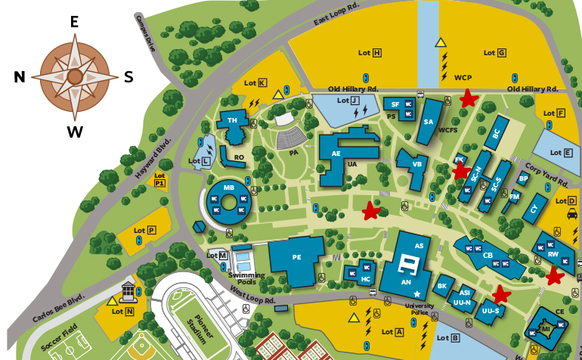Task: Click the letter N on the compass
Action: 20,77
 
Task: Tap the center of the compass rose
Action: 74,76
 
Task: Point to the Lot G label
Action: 494,52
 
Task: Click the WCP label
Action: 463,77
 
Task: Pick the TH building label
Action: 232,120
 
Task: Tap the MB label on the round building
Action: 228,187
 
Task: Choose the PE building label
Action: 296,257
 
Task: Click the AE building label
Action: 336,154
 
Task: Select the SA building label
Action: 428,122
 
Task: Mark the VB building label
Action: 416,163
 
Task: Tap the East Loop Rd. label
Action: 336,16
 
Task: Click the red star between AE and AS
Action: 370,211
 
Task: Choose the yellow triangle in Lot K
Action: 278,95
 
